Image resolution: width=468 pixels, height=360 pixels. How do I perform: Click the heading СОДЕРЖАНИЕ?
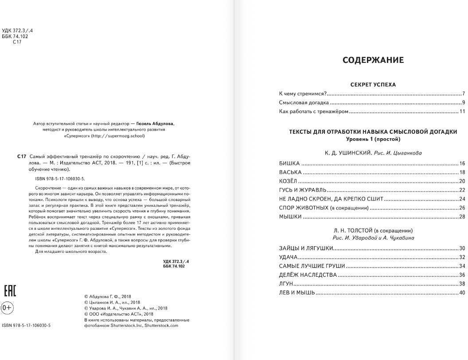point(373,60)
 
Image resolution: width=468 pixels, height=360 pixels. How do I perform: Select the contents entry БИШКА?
point(289,163)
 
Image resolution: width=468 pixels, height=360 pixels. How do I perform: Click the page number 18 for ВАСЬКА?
point(462,172)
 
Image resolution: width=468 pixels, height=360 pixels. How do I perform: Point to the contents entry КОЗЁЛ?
point(289,181)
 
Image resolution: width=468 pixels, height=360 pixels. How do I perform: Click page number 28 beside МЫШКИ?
point(462,217)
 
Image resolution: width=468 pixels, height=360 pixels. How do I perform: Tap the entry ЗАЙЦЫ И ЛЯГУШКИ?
point(306,248)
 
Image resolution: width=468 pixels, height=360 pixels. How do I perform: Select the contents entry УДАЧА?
point(288,257)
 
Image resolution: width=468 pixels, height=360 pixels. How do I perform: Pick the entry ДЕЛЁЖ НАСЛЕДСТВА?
point(308,275)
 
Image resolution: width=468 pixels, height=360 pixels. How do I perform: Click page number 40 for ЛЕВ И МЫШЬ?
point(462,293)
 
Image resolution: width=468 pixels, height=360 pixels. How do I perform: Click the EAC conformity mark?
point(10,291)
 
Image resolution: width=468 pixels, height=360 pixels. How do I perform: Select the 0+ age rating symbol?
point(7,307)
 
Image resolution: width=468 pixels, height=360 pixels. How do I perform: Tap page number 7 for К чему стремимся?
point(463,94)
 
